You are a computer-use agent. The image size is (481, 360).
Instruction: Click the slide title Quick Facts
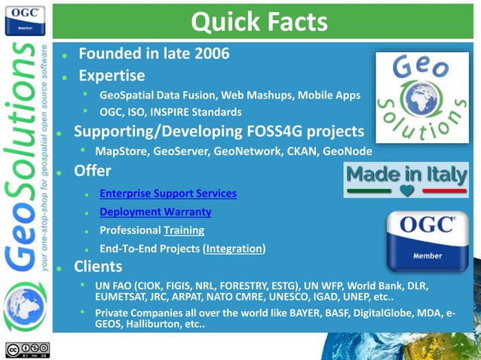[259, 22]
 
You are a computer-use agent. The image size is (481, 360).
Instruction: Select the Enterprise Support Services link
[167, 194]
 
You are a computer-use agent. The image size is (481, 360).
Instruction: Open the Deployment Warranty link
[155, 212]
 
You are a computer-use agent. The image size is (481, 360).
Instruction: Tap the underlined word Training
[183, 230]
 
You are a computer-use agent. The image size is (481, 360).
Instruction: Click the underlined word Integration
[234, 248]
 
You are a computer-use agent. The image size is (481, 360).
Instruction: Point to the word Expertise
[112, 75]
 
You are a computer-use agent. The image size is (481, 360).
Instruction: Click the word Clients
[98, 267]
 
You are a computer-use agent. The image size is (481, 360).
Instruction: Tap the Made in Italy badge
[406, 180]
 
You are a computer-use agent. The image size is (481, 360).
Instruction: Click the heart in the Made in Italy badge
[407, 191]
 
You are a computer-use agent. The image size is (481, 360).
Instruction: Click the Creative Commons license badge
[27, 349]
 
